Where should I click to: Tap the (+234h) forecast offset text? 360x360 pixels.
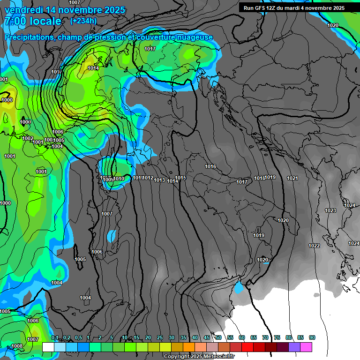(83, 21)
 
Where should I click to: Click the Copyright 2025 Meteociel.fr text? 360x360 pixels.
(199, 356)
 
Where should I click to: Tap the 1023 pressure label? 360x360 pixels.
(330, 210)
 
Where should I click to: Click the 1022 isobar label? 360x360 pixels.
(314, 246)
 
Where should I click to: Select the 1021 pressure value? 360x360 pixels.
(292, 178)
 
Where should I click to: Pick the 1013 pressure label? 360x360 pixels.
(159, 180)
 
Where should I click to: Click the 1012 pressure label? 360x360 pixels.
(148, 178)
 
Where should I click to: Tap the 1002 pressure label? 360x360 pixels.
(28, 138)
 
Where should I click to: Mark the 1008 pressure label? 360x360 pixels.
(17, 346)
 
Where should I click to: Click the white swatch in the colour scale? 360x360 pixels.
(48, 347)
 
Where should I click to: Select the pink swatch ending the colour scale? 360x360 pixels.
(306, 347)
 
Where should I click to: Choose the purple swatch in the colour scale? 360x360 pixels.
(294, 347)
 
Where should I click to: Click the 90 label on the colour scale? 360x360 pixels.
(312, 338)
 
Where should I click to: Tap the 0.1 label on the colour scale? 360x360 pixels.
(55, 338)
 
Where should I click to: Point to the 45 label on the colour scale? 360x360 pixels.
(207, 338)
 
